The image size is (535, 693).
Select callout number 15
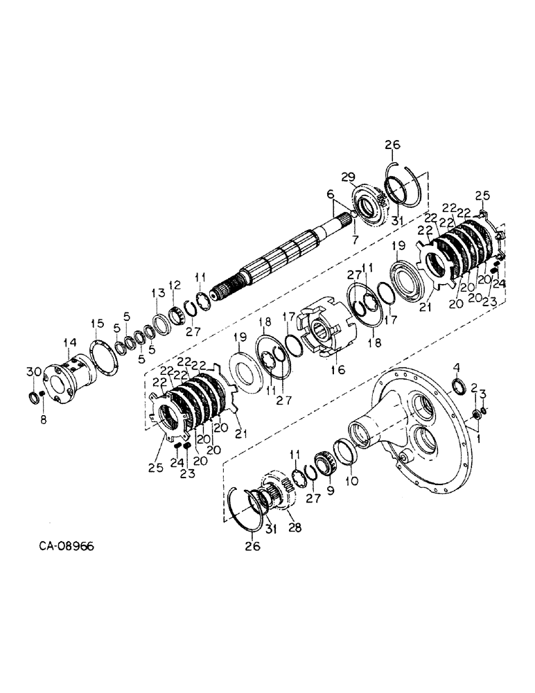click(x=98, y=323)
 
